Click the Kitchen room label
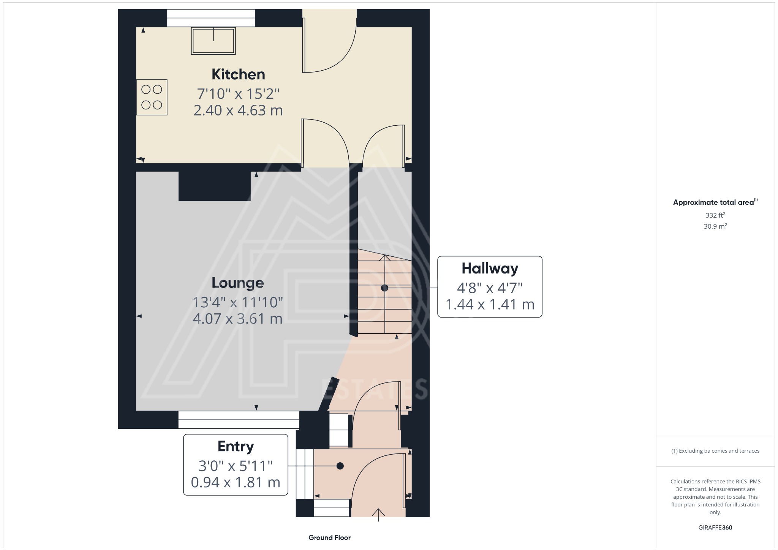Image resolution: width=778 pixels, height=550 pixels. (x=238, y=74)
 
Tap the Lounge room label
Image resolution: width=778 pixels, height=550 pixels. (x=237, y=283)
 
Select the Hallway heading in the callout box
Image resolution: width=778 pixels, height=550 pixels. (x=490, y=269)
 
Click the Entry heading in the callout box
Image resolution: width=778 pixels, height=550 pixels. (x=236, y=446)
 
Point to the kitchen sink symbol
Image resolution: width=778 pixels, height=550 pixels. (x=213, y=41)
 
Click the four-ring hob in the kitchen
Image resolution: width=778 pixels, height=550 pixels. (x=152, y=97)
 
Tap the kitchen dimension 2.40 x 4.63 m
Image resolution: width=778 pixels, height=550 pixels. (x=238, y=111)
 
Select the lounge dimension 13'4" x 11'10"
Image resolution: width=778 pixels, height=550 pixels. (x=237, y=303)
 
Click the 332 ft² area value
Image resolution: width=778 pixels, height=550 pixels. (x=715, y=215)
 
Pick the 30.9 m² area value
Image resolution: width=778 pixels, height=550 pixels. (x=715, y=226)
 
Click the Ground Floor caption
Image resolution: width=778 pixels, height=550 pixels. (x=329, y=537)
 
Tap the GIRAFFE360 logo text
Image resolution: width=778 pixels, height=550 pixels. (x=715, y=527)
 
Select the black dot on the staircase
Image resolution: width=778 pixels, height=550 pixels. (x=384, y=288)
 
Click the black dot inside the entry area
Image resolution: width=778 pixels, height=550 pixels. (x=340, y=466)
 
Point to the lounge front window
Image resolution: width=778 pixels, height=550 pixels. (x=239, y=420)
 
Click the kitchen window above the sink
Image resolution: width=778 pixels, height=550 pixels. (x=211, y=18)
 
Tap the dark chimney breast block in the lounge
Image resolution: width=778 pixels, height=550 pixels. (x=214, y=186)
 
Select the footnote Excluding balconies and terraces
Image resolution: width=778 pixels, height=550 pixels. (x=715, y=451)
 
